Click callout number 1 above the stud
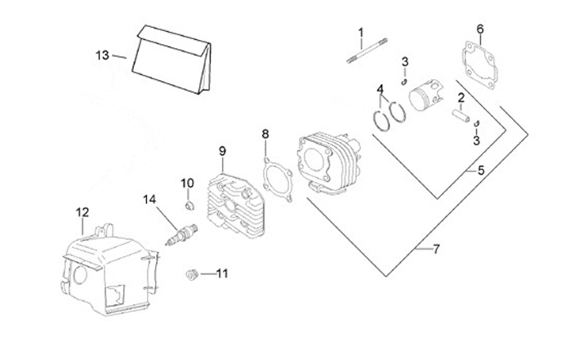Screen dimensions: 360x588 click(360, 33)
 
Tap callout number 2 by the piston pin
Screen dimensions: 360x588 click(461, 99)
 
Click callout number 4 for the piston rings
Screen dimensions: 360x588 click(381, 88)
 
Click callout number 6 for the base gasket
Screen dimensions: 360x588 click(480, 29)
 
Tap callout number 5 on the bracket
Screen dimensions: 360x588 click(480, 171)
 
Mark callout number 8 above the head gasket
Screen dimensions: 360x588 click(265, 133)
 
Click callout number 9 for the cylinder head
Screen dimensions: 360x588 click(221, 151)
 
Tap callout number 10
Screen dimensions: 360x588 click(186, 182)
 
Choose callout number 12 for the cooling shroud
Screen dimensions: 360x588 click(82, 213)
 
